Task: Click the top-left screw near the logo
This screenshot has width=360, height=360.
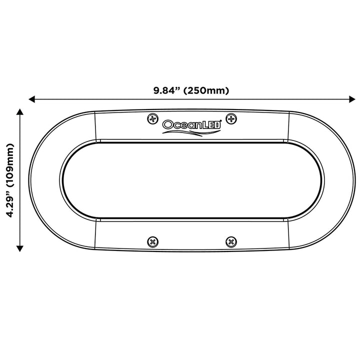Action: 152,119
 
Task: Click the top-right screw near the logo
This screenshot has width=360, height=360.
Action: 231,119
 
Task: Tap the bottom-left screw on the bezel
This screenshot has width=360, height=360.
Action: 152,242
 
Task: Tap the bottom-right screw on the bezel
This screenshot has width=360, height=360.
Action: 231,242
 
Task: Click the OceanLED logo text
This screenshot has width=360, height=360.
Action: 191,124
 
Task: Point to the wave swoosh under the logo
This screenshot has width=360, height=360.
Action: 191,132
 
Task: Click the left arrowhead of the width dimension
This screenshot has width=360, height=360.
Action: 31,99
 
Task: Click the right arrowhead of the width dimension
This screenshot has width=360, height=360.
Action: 352,99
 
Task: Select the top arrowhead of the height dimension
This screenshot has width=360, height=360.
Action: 20,112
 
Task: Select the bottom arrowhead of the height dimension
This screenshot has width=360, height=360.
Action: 20,248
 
